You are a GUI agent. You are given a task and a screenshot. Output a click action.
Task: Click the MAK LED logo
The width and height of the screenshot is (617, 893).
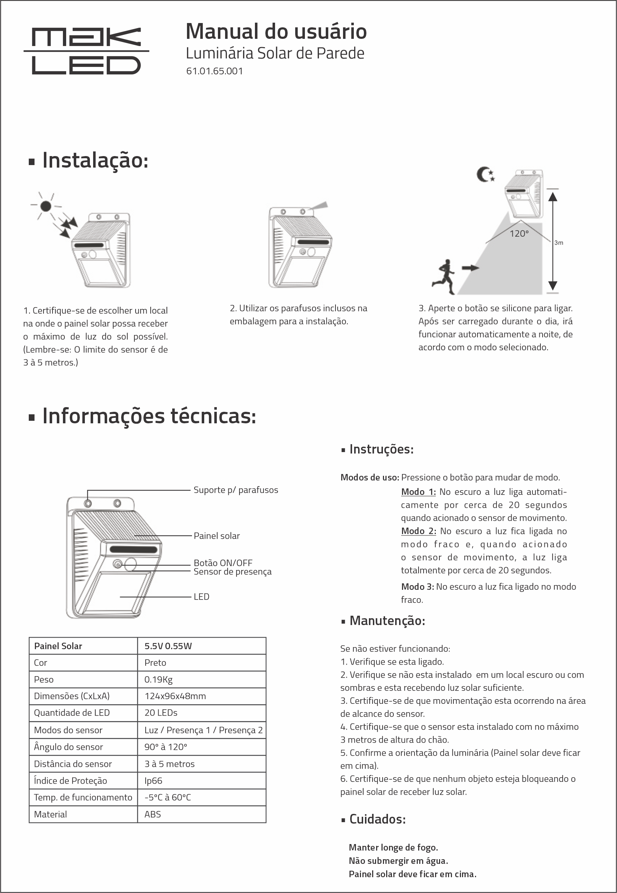pyautogui.click(x=86, y=51)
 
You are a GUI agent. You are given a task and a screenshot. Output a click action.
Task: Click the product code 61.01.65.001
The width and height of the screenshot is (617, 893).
pyautogui.click(x=214, y=71)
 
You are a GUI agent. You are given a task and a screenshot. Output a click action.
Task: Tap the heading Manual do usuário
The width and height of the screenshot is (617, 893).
pyautogui.click(x=276, y=31)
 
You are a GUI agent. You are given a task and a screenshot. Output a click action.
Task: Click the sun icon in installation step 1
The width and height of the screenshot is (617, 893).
pyautogui.click(x=46, y=206)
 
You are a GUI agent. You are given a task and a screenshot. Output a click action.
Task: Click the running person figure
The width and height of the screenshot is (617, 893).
pyautogui.click(x=444, y=277)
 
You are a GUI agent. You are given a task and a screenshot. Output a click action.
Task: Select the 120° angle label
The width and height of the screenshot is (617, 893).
pyautogui.click(x=518, y=233)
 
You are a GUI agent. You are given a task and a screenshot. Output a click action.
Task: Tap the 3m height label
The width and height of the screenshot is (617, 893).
pyautogui.click(x=558, y=243)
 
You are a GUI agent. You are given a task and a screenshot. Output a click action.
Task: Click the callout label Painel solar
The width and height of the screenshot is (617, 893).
pyautogui.click(x=216, y=536)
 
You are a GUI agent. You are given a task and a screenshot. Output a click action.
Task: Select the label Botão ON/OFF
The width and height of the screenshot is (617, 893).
pyautogui.click(x=223, y=562)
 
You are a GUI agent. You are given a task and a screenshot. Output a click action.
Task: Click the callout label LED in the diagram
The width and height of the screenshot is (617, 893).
pyautogui.click(x=201, y=597)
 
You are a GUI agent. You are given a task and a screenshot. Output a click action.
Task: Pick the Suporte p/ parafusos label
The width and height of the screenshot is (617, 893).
pyautogui.click(x=236, y=490)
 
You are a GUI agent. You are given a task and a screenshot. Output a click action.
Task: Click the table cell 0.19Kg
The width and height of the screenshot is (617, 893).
pyautogui.click(x=159, y=679)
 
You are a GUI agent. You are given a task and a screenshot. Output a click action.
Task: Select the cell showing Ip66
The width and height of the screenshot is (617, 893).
pyautogui.click(x=154, y=780)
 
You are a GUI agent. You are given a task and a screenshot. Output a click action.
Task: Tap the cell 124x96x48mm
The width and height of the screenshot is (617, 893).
pyautogui.click(x=175, y=696)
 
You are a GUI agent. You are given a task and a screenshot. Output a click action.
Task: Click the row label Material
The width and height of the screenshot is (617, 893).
pyautogui.click(x=50, y=814)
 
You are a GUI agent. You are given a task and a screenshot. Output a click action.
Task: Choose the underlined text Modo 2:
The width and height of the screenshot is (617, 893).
pyautogui.click(x=418, y=531)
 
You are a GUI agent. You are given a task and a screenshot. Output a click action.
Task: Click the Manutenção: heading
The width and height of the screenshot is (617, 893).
pyautogui.click(x=387, y=620)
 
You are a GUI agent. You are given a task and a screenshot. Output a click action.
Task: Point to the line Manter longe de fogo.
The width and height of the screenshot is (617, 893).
pyautogui.click(x=393, y=847)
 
